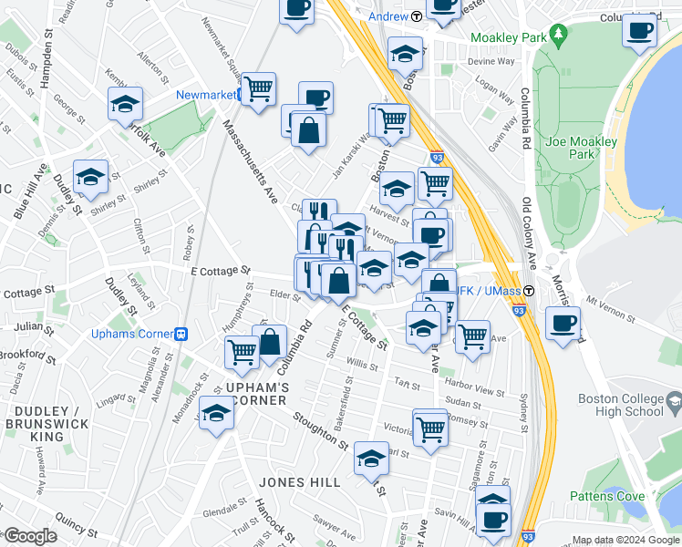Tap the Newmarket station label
[x=206, y=94]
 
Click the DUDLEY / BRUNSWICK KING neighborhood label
[x=46, y=424]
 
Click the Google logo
[x=31, y=536]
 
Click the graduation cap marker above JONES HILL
[x=371, y=459]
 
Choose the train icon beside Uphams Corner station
[x=181, y=334]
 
